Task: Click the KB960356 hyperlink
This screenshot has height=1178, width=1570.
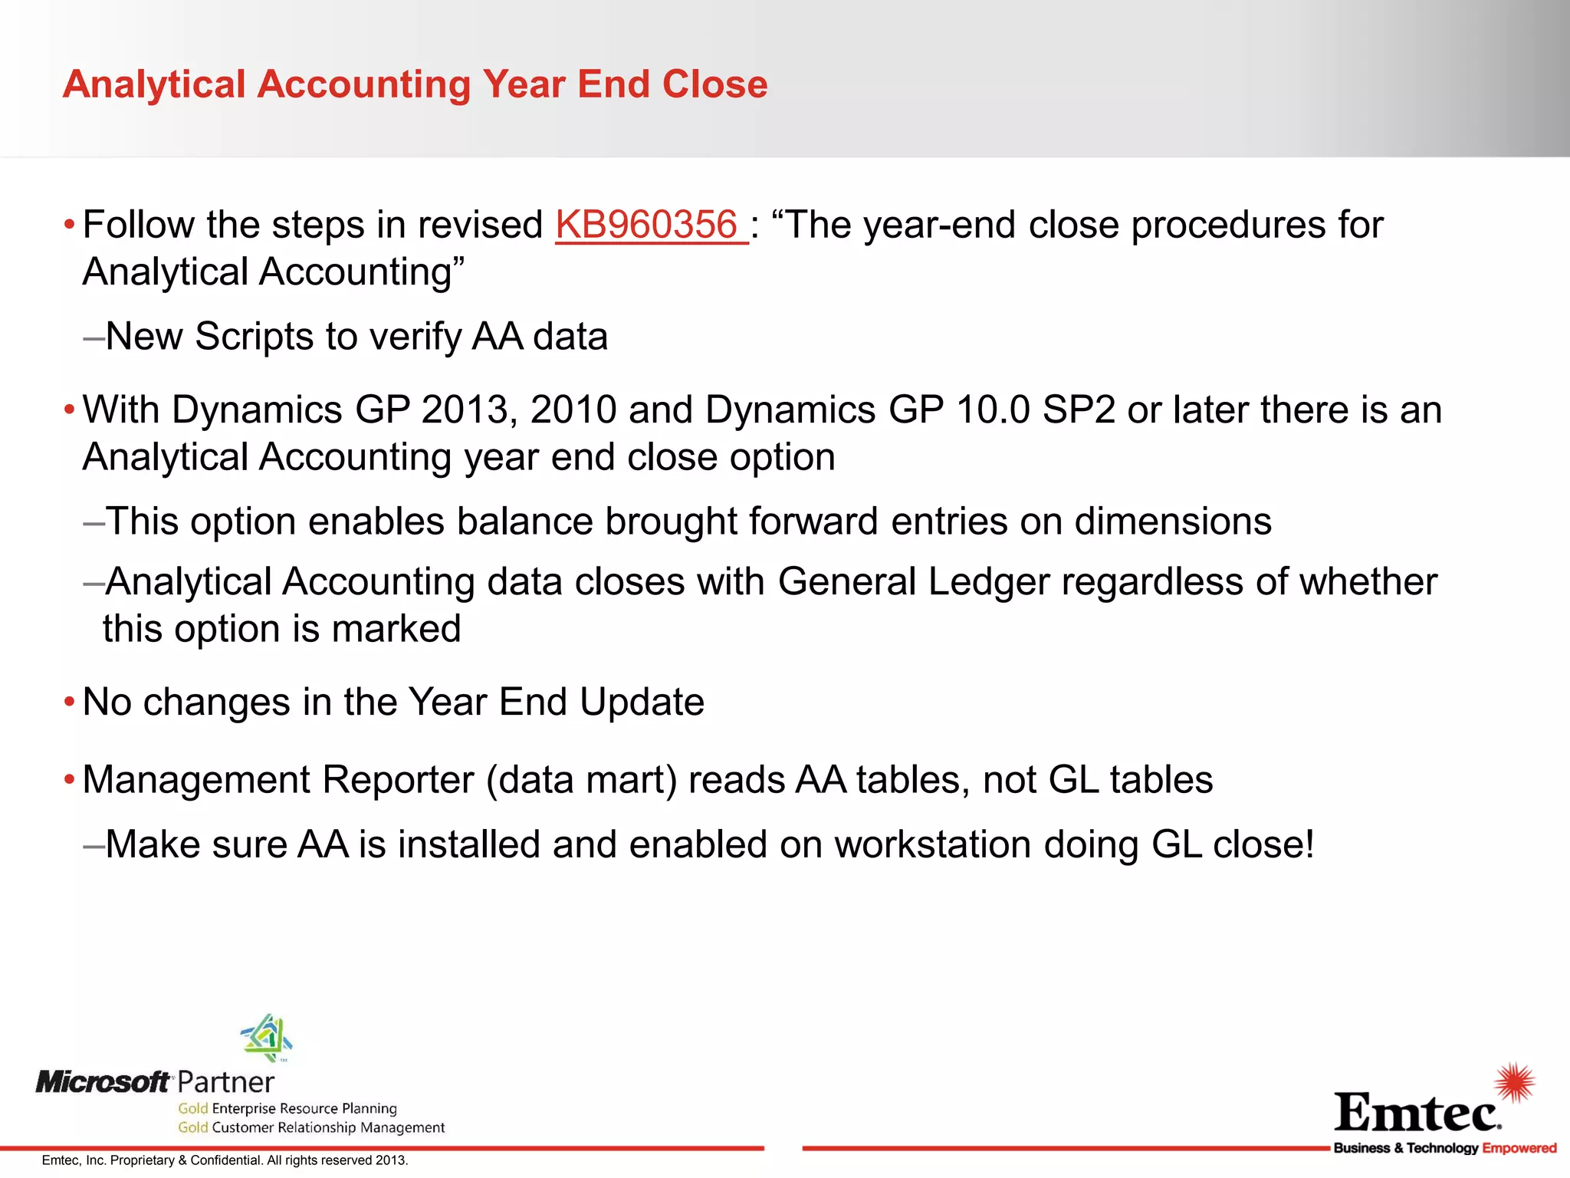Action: click(647, 225)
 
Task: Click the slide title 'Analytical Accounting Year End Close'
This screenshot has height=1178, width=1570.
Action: click(415, 84)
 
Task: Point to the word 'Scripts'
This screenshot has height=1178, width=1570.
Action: click(254, 337)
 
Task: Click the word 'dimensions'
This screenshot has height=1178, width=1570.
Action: click(1173, 522)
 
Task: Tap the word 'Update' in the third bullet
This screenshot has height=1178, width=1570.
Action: click(642, 703)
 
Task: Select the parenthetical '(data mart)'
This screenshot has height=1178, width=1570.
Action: click(582, 781)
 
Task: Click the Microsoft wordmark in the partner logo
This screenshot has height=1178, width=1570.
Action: click(103, 1082)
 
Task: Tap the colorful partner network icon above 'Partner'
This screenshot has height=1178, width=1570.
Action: click(267, 1038)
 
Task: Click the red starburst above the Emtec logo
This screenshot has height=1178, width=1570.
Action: click(1514, 1082)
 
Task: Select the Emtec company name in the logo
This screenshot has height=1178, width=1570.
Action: click(1417, 1114)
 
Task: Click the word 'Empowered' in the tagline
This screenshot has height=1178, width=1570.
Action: click(1519, 1148)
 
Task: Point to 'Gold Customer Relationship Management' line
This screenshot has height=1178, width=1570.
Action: click(311, 1127)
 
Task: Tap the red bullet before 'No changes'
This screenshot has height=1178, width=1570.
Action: click(70, 703)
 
